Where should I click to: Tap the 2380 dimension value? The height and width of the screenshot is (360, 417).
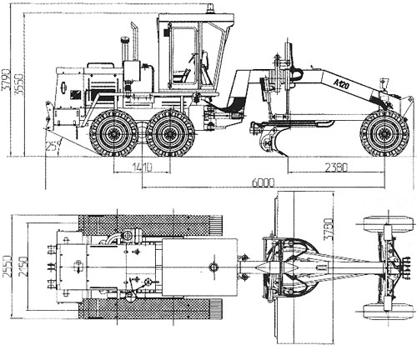click(335, 168)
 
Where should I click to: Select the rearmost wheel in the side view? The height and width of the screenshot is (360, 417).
click(113, 134)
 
